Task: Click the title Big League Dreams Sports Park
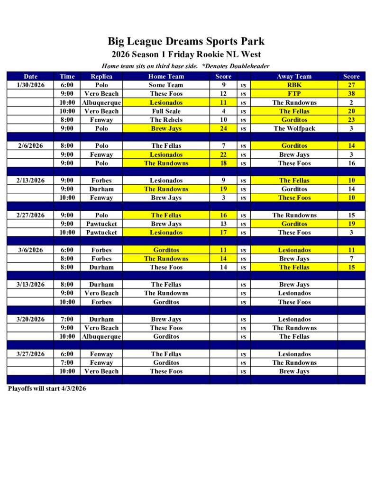pos(186,41)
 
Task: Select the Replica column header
pos(101,76)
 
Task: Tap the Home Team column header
pos(166,76)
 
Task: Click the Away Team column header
pos(294,76)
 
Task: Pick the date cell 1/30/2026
pos(31,85)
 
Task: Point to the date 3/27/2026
pos(31,354)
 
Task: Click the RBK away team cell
pos(294,85)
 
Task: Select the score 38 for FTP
pos(351,94)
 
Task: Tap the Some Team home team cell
pos(166,85)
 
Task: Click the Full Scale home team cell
pos(166,111)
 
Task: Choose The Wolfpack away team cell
pos(294,128)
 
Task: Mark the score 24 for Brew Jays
pos(223,128)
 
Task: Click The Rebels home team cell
pos(166,120)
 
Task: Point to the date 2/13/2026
pos(31,180)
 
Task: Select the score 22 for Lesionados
pos(223,154)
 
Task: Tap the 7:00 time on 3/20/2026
pos(67,319)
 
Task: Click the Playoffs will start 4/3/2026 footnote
pos(47,388)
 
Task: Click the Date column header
pos(31,76)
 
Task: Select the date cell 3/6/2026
pos(31,250)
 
